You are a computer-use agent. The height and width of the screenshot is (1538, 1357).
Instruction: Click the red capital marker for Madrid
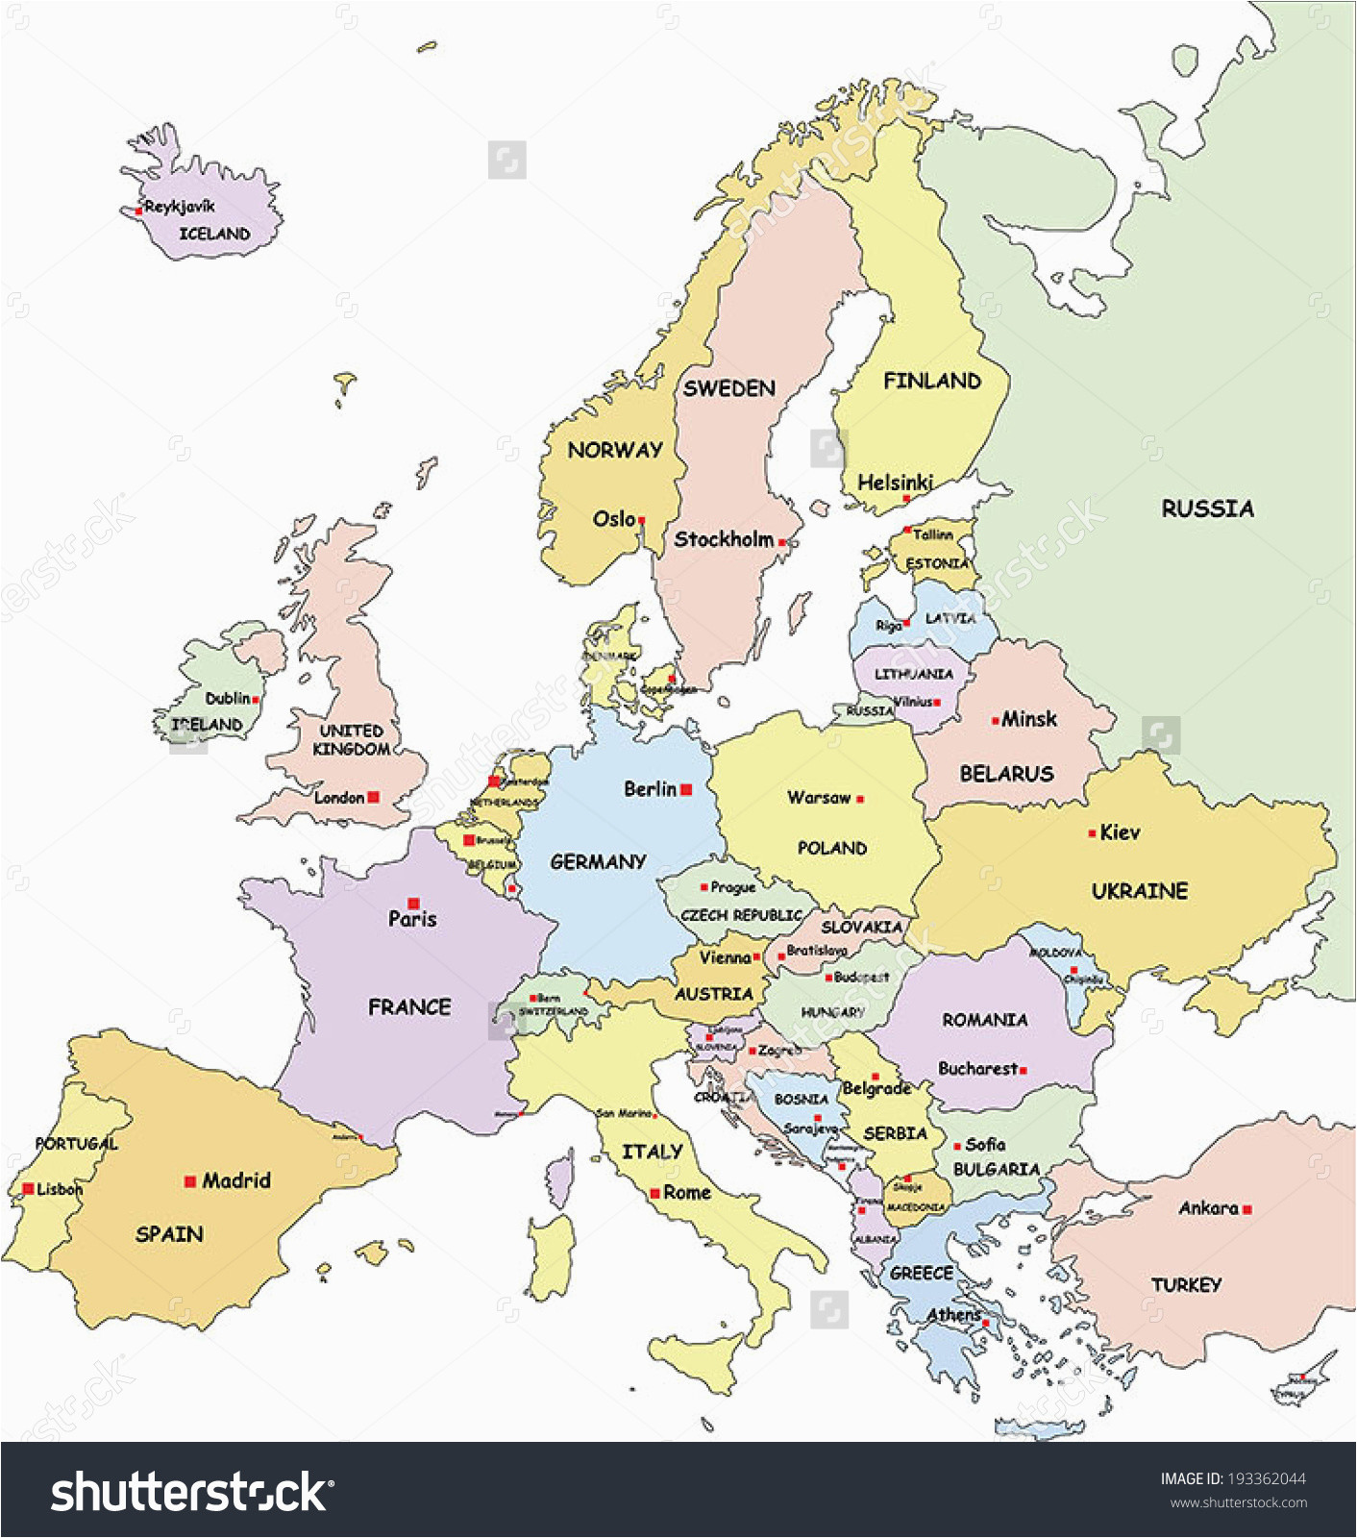tap(190, 1181)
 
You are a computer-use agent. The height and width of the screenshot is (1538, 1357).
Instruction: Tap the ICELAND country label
tap(214, 234)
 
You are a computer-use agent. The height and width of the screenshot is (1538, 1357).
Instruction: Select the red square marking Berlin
tap(686, 789)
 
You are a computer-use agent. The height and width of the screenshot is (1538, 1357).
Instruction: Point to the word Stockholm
tap(724, 539)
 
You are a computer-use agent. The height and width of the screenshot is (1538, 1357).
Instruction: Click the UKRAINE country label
tap(1140, 891)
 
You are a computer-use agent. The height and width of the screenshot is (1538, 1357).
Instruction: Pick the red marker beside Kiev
tap(1093, 833)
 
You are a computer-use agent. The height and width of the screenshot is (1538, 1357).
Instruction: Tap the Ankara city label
tap(1208, 1208)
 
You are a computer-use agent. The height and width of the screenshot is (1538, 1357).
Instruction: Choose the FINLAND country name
tap(932, 381)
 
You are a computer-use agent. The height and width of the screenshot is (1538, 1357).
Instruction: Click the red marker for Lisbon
tap(28, 1189)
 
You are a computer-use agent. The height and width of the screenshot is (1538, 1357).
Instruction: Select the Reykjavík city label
tap(181, 206)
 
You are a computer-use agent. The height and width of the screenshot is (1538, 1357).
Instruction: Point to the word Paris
tap(412, 919)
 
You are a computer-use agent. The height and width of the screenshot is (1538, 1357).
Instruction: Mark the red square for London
tap(374, 797)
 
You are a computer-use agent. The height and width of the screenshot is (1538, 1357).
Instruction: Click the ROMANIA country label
tap(984, 1019)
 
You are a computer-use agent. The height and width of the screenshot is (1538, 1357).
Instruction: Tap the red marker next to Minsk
tap(995, 720)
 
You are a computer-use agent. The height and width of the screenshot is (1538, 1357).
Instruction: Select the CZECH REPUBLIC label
tap(741, 915)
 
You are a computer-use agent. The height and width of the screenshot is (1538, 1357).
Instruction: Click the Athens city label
tap(953, 1314)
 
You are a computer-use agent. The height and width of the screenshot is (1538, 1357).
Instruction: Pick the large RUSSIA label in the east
tap(1207, 509)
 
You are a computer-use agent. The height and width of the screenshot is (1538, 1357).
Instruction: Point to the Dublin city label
tap(228, 698)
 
